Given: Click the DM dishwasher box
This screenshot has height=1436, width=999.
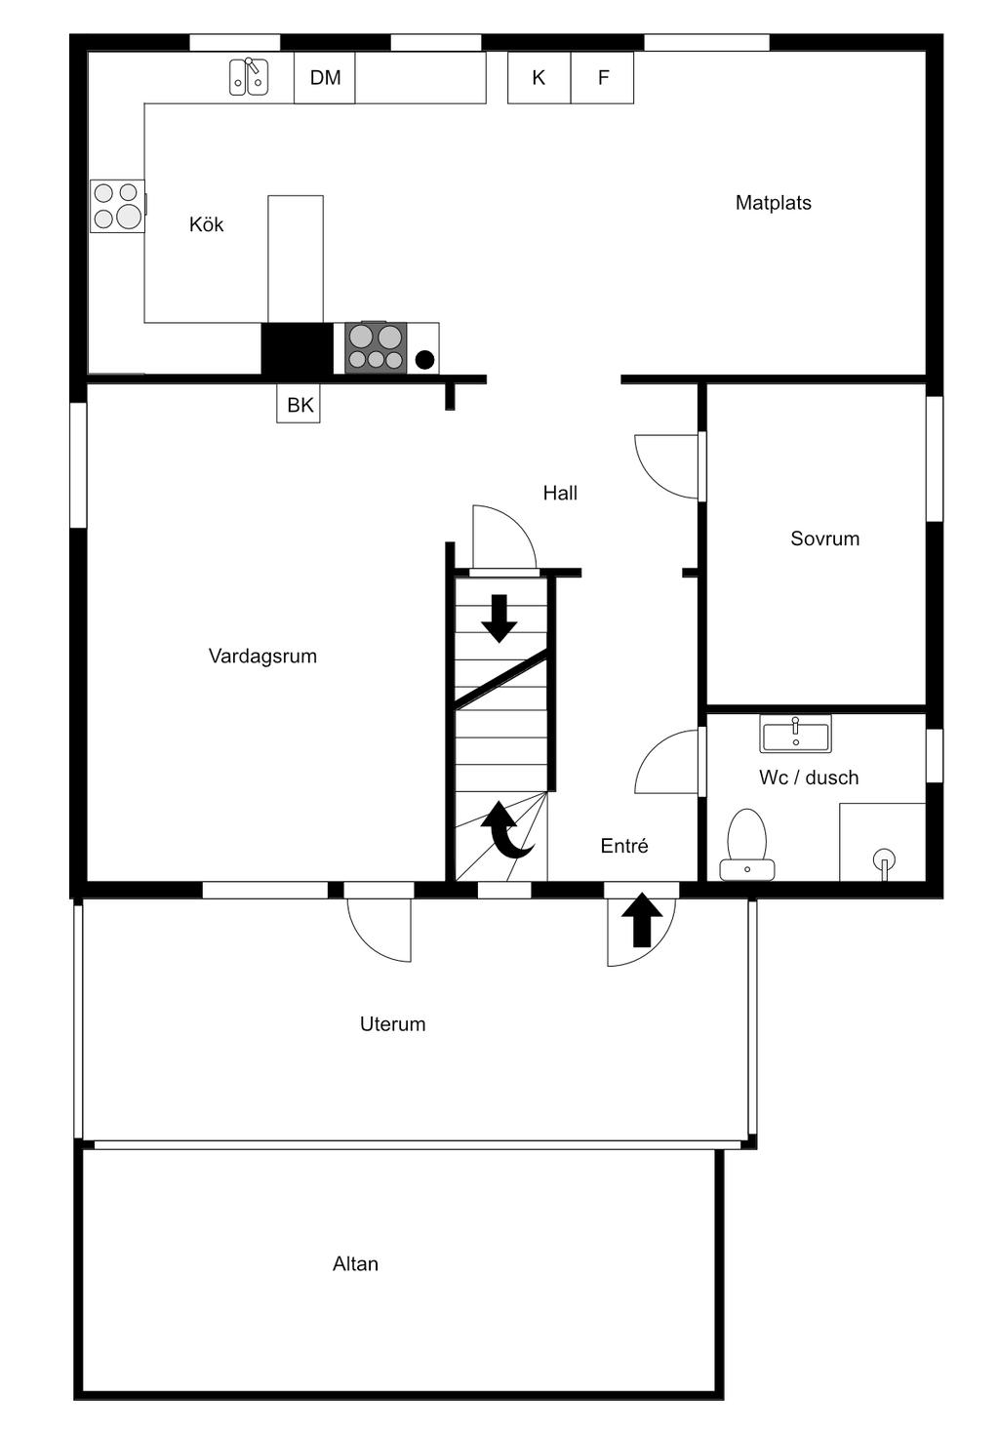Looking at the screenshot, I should pyautogui.click(x=325, y=78).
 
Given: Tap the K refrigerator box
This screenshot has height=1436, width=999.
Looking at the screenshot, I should pyautogui.click(x=539, y=78).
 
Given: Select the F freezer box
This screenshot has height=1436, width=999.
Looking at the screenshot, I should pyautogui.click(x=603, y=78).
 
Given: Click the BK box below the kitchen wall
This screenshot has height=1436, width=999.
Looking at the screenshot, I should pyautogui.click(x=300, y=404).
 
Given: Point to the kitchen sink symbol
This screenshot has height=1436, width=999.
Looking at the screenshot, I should pyautogui.click(x=249, y=77).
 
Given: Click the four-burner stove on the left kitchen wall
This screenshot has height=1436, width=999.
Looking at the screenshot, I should pyautogui.click(x=117, y=206).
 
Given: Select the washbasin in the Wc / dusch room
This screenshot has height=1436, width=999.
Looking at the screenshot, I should pyautogui.click(x=795, y=734).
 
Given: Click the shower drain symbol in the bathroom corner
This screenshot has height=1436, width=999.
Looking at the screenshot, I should pyautogui.click(x=885, y=860).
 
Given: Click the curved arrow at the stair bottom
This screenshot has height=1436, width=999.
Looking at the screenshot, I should pyautogui.click(x=507, y=830).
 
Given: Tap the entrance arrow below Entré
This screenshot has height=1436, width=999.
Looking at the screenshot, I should pyautogui.click(x=642, y=921).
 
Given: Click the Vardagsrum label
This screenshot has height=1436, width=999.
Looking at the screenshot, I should pyautogui.click(x=262, y=657).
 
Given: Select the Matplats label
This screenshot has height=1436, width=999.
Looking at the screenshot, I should pyautogui.click(x=773, y=203).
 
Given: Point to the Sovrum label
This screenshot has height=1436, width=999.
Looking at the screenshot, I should pyautogui.click(x=824, y=538).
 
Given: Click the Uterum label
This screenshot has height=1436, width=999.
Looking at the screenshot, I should pyautogui.click(x=392, y=1024).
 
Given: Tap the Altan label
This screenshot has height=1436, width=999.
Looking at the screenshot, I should pyautogui.click(x=355, y=1264).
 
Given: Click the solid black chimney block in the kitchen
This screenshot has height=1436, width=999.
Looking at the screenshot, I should pyautogui.click(x=297, y=348).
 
